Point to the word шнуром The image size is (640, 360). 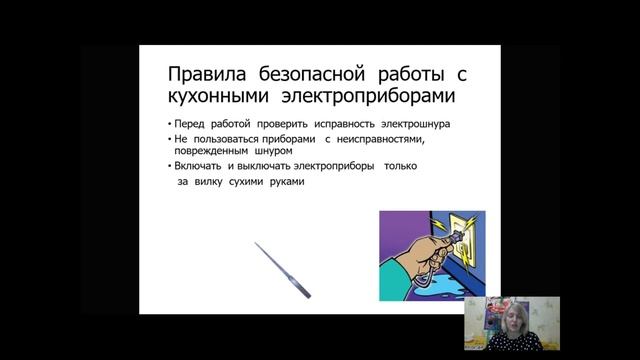tap(283, 153)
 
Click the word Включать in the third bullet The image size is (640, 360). tap(200, 166)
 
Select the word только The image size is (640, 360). tap(406, 166)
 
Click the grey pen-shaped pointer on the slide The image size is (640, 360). tap(283, 268)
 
